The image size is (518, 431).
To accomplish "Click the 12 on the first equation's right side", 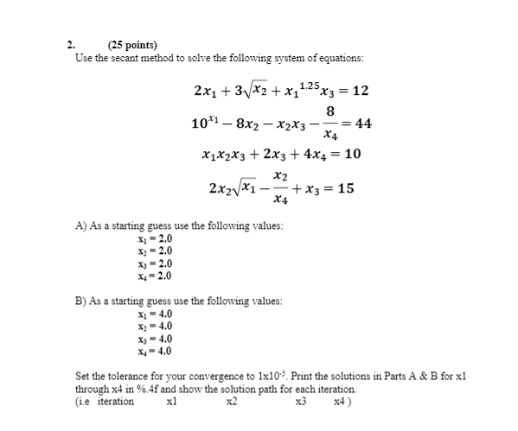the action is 360,91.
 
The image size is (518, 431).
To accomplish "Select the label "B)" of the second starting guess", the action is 80,302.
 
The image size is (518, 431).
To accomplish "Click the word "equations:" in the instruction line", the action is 337,58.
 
